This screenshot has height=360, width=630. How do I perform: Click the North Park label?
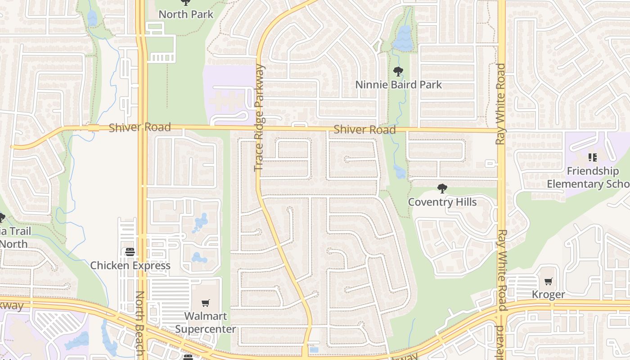[186, 14]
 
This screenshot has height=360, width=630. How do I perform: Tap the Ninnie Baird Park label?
[398, 85]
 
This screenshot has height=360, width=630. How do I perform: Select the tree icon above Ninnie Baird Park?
[398, 71]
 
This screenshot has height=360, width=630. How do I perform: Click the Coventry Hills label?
[442, 202]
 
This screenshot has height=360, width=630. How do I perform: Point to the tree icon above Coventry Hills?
[442, 189]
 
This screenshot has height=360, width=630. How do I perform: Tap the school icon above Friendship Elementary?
[593, 157]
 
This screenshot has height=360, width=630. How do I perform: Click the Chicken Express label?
[130, 265]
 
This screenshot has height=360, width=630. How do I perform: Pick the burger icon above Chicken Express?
[130, 252]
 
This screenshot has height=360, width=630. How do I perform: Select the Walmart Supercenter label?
[205, 322]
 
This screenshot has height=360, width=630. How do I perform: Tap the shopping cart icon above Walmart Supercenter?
[206, 303]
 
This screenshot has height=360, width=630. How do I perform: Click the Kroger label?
[548, 295]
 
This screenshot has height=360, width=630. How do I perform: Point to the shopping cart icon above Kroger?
[548, 282]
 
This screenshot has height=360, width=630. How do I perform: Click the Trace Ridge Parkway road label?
[259, 118]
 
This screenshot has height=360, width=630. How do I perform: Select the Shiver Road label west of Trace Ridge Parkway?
[139, 127]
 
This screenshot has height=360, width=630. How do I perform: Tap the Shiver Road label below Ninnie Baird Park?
[364, 130]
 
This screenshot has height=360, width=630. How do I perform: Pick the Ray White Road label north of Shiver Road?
[501, 104]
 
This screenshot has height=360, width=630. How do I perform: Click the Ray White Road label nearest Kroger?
[502, 270]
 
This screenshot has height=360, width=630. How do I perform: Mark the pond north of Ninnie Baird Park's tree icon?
[403, 38]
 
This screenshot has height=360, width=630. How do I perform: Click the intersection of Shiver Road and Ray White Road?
[501, 131]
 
